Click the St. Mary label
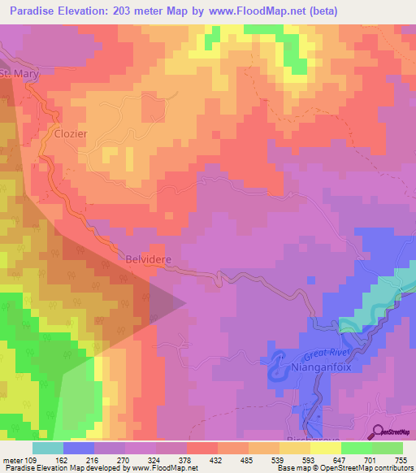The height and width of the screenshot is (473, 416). point(18,74)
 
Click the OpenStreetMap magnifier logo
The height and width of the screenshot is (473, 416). point(376,432)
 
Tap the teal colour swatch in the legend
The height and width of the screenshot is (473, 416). point(48,448)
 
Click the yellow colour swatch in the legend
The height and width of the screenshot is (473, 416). point(326,448)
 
